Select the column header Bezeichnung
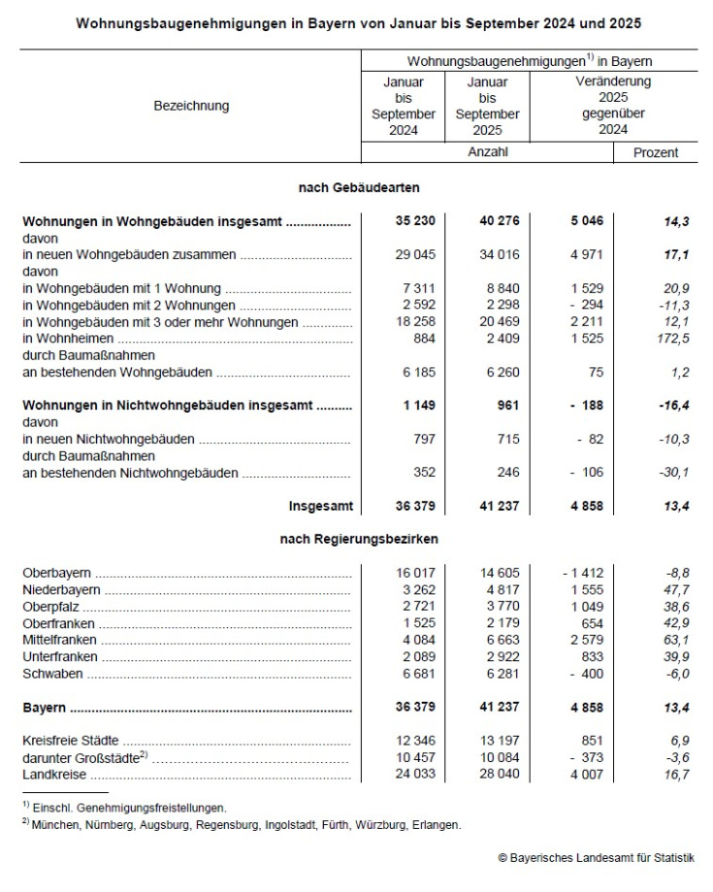click(x=191, y=106)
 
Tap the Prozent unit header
click(x=657, y=152)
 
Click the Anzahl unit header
click(x=487, y=151)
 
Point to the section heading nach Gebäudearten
click(x=358, y=186)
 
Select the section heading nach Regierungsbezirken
click(x=358, y=539)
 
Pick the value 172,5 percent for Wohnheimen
click(x=669, y=339)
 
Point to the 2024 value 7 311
click(x=416, y=288)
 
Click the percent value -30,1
click(x=669, y=473)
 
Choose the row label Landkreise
click(x=54, y=775)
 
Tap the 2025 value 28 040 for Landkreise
click(x=496, y=775)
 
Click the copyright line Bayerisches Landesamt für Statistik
click(x=596, y=858)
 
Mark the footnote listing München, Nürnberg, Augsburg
click(x=244, y=825)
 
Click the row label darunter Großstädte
click(x=82, y=758)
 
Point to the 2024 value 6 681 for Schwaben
click(x=416, y=674)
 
